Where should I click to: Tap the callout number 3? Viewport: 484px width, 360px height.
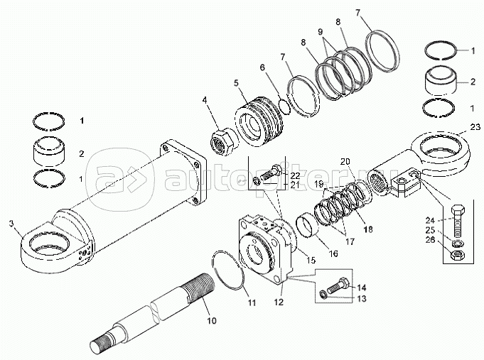[x=11, y=224]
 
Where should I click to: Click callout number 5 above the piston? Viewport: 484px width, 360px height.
[x=237, y=82]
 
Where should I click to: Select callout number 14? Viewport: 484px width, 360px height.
[x=361, y=287]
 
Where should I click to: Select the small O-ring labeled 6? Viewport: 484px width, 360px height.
[x=283, y=107]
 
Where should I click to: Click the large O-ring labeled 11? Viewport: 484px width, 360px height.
[x=226, y=270]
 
